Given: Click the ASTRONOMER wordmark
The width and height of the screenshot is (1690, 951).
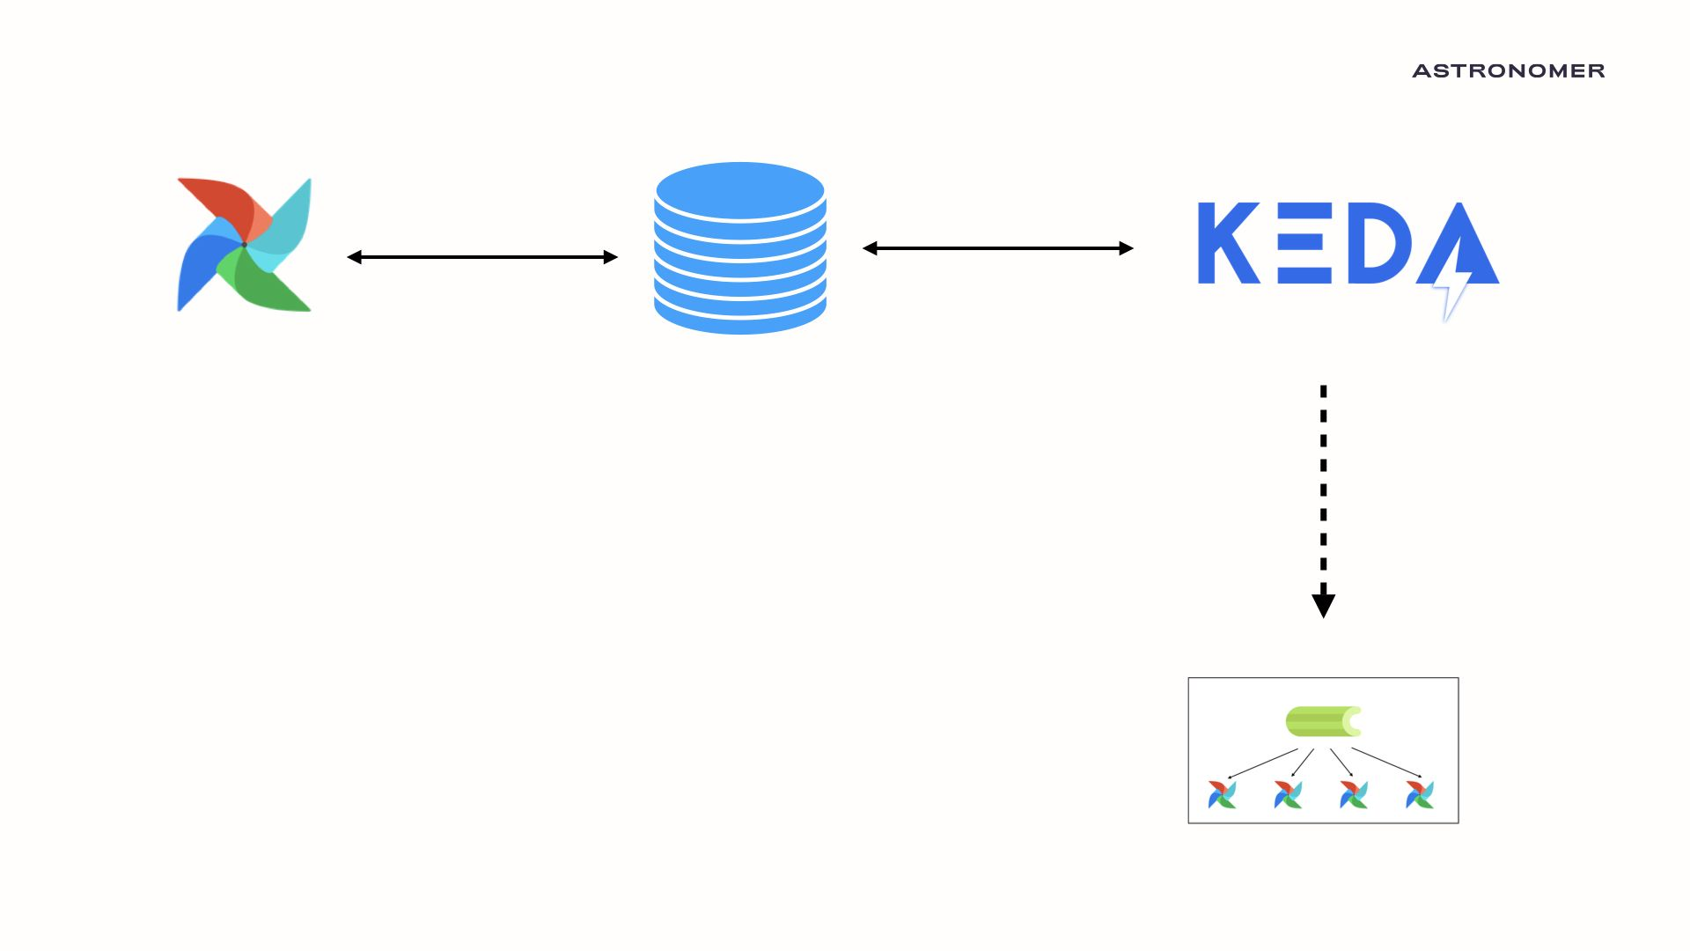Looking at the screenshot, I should coord(1508,70).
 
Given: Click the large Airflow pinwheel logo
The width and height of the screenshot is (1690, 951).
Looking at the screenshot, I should coord(244,245).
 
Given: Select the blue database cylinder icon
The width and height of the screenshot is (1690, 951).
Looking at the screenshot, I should coord(739,249).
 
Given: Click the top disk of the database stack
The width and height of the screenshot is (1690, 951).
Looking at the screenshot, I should coord(739,189).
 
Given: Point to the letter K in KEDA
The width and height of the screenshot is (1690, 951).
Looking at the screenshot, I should coord(1226,243).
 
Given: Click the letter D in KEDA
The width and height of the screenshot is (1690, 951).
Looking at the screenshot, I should coord(1378,243).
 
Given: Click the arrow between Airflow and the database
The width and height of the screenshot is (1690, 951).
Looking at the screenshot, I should coord(482,257).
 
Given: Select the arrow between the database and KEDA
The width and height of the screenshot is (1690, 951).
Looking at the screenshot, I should coord(997,248).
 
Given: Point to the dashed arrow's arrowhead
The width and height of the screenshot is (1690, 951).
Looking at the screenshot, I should coord(1323,605).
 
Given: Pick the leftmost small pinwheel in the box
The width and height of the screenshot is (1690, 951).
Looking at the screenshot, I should coord(1222,794).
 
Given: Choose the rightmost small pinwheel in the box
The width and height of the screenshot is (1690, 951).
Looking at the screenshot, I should coord(1419,794).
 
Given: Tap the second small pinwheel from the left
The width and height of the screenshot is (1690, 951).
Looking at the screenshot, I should coord(1288,794).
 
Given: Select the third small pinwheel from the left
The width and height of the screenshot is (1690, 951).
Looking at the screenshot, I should coord(1353,794).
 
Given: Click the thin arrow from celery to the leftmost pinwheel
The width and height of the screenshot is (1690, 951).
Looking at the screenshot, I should coord(1263,763).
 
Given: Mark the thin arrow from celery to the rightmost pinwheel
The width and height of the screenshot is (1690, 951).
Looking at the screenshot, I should coord(1385,763).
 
